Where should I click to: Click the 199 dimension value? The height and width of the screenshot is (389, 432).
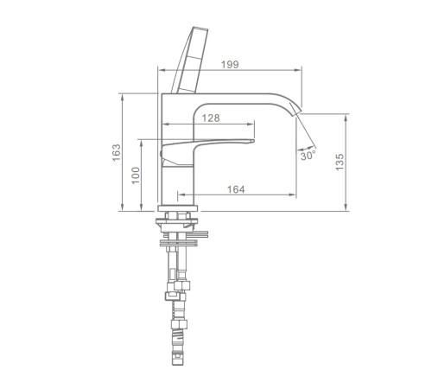click(230, 64)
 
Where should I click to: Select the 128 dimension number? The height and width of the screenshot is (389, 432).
click(211, 118)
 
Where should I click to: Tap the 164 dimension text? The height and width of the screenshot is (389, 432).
click(236, 189)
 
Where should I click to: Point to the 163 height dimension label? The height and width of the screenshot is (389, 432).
click(117, 152)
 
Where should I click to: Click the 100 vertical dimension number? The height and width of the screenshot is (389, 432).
click(136, 175)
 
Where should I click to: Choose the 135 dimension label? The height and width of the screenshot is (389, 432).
click(340, 162)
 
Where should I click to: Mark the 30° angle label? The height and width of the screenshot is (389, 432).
click(308, 156)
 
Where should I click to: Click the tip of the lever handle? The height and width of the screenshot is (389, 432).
click(254, 141)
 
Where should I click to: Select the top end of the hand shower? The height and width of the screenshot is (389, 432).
click(200, 29)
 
